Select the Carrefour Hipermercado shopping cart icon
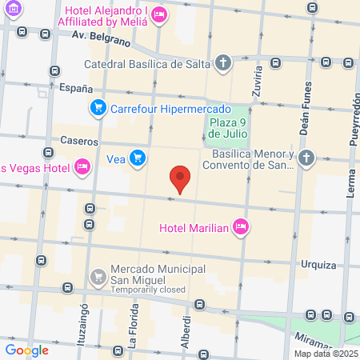(x=98, y=106)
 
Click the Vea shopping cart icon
(x=138, y=158)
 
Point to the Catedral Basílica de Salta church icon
(x=223, y=62)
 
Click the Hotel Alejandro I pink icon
(x=159, y=13)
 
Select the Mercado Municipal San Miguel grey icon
(x=98, y=276)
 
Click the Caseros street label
(x=79, y=141)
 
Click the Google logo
(x=27, y=350)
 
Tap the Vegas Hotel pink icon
(x=82, y=166)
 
